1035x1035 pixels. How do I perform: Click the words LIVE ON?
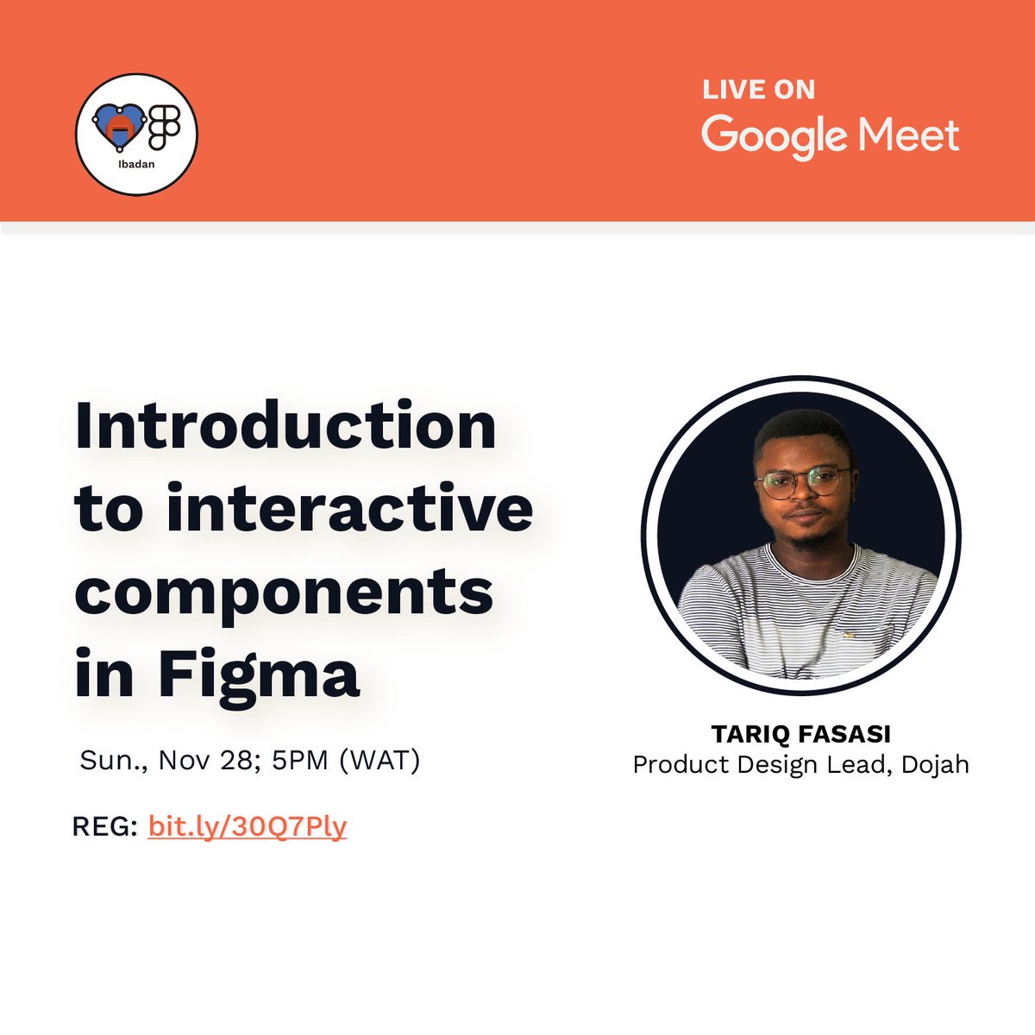[x=758, y=90]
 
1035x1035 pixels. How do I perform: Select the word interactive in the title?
[x=349, y=509]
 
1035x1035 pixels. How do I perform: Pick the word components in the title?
[x=284, y=592]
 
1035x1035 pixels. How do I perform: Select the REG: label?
[x=105, y=826]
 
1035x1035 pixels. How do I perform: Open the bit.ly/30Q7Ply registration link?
[x=248, y=826]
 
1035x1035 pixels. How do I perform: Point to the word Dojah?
[x=935, y=764]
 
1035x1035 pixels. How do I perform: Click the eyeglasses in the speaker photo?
[x=804, y=481]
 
